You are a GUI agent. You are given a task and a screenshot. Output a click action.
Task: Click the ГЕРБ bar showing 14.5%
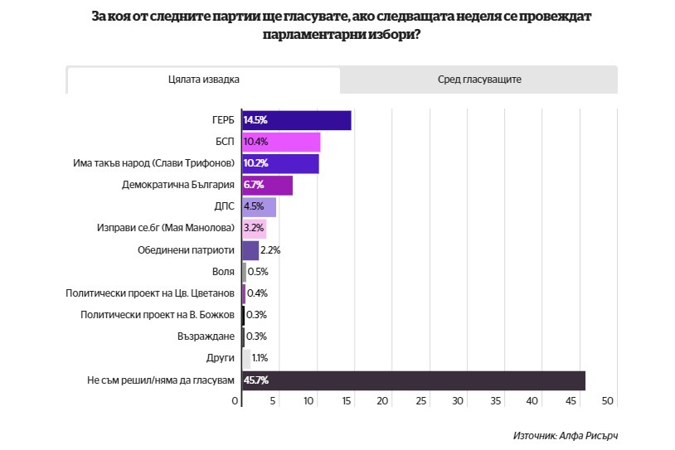click(x=296, y=120)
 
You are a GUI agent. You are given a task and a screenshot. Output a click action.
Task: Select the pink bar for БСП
click(x=281, y=142)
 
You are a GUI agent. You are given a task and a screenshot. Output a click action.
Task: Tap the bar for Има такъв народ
click(x=280, y=163)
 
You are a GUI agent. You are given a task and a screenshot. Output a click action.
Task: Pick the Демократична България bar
click(x=267, y=185)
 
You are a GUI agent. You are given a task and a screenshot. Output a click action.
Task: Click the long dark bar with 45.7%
click(x=413, y=380)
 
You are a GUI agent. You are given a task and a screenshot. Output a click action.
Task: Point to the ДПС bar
click(x=259, y=206)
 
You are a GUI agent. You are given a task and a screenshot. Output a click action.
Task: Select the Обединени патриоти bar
click(x=250, y=250)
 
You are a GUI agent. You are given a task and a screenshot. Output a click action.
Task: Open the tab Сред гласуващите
click(x=478, y=80)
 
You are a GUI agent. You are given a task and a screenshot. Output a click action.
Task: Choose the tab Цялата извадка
click(x=203, y=80)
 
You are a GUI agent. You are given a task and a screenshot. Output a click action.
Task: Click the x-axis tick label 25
click(x=420, y=401)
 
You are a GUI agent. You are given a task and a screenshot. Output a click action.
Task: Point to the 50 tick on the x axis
click(x=607, y=401)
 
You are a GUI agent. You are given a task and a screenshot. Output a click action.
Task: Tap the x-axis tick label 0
click(x=235, y=401)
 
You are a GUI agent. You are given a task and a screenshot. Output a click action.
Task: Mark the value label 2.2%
click(x=270, y=250)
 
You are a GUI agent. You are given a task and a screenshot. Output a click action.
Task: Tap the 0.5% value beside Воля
click(x=258, y=272)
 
